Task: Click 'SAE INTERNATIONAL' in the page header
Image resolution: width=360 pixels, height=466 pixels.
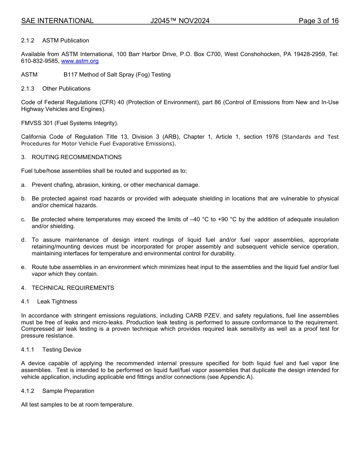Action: [x=57, y=21]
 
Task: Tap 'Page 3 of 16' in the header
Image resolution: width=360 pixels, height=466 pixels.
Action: [x=318, y=21]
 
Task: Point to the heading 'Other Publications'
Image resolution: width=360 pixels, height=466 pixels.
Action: [x=66, y=89]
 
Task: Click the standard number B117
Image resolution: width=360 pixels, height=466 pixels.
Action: [x=70, y=75]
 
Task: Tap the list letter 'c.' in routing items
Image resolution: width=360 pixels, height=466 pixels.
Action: [x=23, y=219]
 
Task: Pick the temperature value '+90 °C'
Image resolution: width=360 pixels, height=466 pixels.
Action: [x=227, y=219]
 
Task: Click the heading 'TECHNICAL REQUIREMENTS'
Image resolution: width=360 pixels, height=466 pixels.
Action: [x=73, y=288]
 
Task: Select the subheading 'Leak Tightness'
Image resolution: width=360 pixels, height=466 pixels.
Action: [x=57, y=302]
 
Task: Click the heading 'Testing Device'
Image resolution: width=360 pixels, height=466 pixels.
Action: [x=62, y=350]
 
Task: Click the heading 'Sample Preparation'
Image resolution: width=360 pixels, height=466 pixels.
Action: [x=68, y=391]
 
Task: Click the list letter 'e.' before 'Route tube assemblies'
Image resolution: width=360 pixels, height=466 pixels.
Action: [x=23, y=267]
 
